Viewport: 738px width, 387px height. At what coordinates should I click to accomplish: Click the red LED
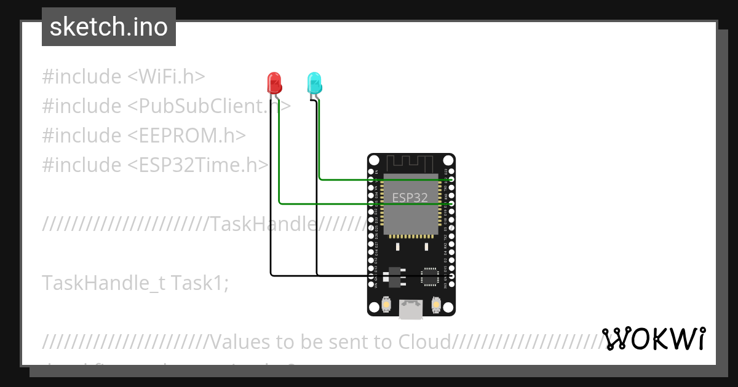[x=274, y=82]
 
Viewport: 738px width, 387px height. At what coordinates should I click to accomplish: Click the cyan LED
[x=314, y=83]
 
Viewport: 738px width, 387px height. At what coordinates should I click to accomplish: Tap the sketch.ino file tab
[x=109, y=27]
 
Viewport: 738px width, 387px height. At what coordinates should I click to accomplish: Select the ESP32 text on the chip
[x=410, y=198]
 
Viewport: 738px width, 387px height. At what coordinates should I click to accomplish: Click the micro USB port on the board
[x=410, y=309]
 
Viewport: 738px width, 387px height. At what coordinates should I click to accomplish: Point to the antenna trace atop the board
[x=411, y=163]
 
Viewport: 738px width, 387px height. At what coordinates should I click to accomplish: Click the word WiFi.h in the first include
[x=166, y=77]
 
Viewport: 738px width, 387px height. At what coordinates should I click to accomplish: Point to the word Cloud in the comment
[x=424, y=341]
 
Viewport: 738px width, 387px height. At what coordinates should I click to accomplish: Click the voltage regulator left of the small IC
[x=394, y=277]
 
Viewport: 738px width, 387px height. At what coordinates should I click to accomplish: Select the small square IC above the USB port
[x=429, y=276]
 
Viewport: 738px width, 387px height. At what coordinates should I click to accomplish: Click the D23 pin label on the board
[x=445, y=171]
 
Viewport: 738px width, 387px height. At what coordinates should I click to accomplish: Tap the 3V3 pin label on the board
[x=445, y=285]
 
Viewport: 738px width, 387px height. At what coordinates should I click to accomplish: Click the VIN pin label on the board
[x=376, y=285]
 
